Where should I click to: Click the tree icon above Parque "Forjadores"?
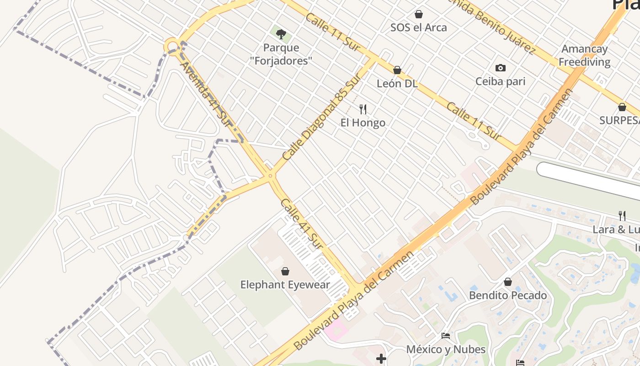pyautogui.click(x=281, y=33)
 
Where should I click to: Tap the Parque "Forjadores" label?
pyautogui.click(x=281, y=54)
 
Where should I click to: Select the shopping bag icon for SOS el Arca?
pyautogui.click(x=418, y=14)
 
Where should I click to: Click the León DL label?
pyautogui.click(x=397, y=84)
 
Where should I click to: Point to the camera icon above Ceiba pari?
pyautogui.click(x=501, y=68)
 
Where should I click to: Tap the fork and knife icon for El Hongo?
pyautogui.click(x=363, y=109)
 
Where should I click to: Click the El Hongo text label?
pyautogui.click(x=363, y=123)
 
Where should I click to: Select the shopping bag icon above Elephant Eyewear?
pyautogui.click(x=285, y=271)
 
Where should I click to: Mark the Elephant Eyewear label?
pyautogui.click(x=285, y=285)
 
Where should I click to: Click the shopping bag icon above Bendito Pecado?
pyautogui.click(x=508, y=282)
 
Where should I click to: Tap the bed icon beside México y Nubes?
pyautogui.click(x=446, y=336)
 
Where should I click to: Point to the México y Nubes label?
pyautogui.click(x=446, y=350)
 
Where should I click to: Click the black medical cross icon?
pyautogui.click(x=381, y=359)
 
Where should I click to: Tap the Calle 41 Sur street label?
pyautogui.click(x=301, y=224)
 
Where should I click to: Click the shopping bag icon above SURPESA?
pyautogui.click(x=622, y=108)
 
